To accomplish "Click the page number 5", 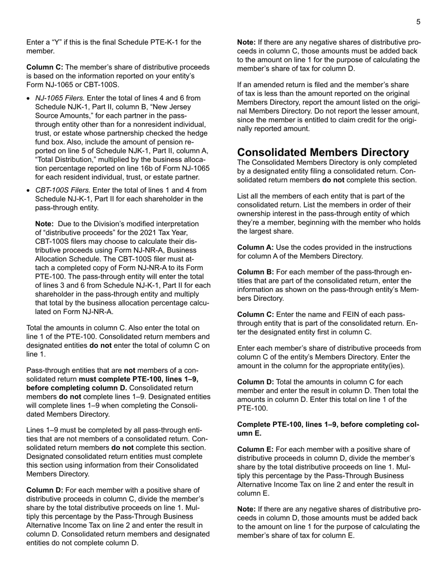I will pos(418,22).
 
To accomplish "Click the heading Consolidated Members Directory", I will pos(323,152).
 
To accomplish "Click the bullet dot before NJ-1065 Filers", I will pos(29,99).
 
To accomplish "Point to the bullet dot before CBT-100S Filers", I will pos(29,191).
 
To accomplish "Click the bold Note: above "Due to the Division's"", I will pos(45,224).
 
